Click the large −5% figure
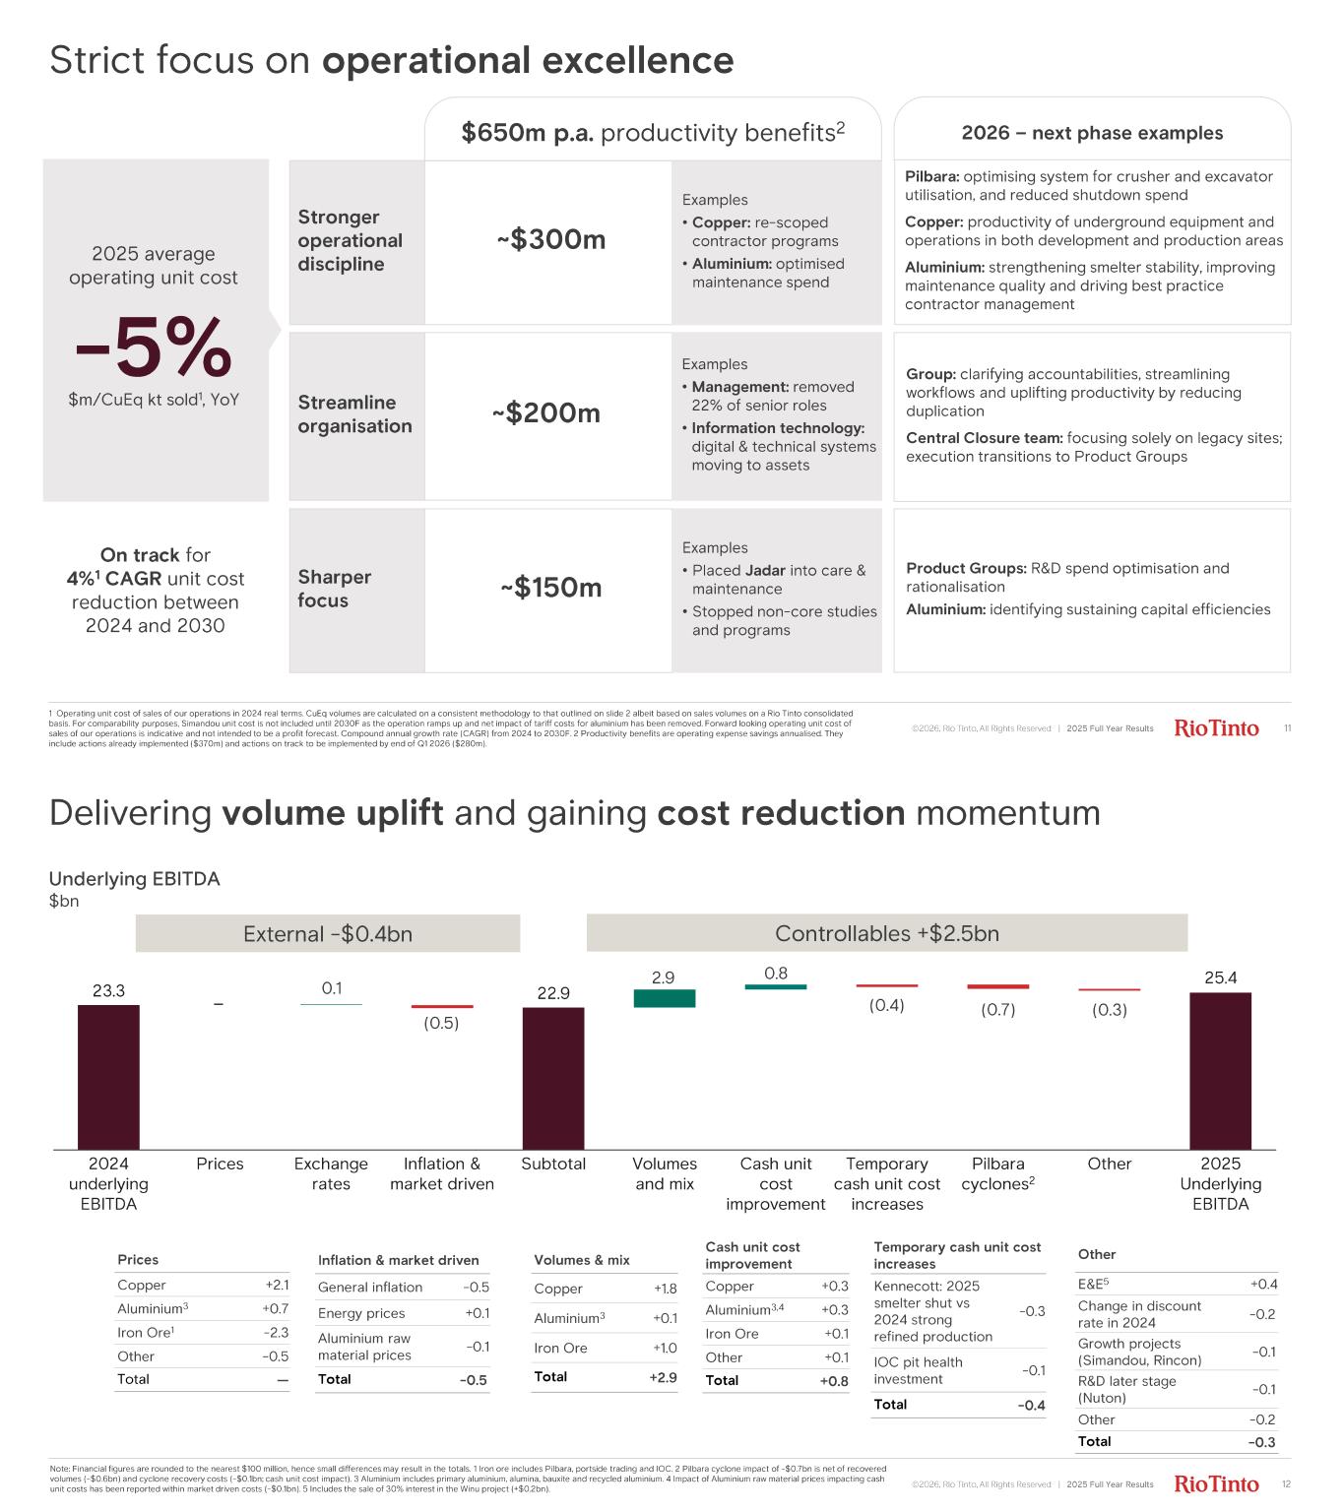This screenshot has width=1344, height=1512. coord(155,347)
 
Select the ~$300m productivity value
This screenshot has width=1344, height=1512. coord(550,239)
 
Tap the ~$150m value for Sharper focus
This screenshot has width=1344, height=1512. coord(550,588)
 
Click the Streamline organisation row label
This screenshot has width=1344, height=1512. coord(354,414)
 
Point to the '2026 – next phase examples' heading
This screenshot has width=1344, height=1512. coord(1092,133)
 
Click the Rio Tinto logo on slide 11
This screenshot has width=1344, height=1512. coord(1216,728)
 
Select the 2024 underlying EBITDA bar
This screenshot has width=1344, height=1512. coord(108,1077)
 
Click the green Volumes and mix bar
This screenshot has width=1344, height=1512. coord(665,998)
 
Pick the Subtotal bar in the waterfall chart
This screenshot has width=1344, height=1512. coord(553,1078)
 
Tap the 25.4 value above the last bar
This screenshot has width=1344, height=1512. coord(1221,977)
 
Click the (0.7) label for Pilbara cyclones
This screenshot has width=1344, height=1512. coord(998,1009)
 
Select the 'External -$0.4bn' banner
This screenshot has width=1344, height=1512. coord(328,933)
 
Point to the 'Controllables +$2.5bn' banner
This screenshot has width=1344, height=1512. coord(887,933)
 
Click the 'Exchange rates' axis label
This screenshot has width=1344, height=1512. coord(331,1173)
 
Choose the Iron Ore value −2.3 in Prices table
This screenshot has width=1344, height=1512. coord(276,1332)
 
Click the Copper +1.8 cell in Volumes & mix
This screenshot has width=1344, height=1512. coord(665,1289)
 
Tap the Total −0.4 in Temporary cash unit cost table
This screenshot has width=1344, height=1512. coord(1031,1405)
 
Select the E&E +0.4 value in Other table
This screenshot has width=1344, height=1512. coord(1263,1284)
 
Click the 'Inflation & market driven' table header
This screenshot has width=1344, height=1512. coord(399,1260)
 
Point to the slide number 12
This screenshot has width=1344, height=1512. coord(1286,1483)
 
